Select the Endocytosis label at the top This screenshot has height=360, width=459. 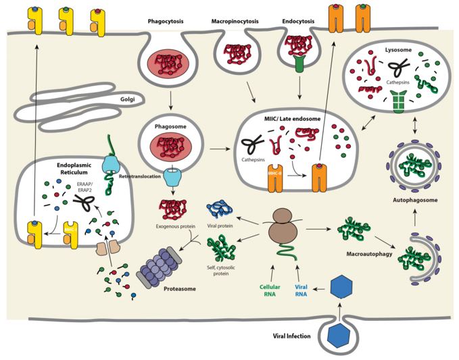(298, 21)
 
